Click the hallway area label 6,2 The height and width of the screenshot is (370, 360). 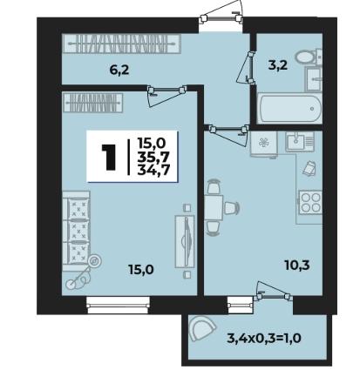click(119, 71)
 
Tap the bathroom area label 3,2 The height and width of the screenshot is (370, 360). click(278, 65)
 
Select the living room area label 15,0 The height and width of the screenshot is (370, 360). click(141, 270)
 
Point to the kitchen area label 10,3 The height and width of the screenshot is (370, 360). click(297, 265)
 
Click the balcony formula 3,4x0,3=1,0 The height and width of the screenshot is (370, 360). click(263, 338)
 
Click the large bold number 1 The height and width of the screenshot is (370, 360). click(109, 157)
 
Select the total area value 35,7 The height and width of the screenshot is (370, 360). click(153, 157)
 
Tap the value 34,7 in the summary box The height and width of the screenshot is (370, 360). click(153, 170)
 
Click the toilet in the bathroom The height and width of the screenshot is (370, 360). click(309, 57)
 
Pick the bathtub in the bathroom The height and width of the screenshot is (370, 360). click(289, 108)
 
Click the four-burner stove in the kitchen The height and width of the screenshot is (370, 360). click(310, 202)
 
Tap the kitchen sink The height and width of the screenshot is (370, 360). click(300, 141)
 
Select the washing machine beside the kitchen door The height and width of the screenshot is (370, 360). click(264, 145)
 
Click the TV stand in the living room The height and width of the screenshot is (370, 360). click(184, 241)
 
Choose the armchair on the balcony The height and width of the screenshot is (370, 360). click(202, 328)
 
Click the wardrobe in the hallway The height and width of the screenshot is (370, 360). click(121, 44)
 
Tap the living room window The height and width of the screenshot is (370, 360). click(119, 306)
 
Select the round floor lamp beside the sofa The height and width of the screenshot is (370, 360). click(95, 261)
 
